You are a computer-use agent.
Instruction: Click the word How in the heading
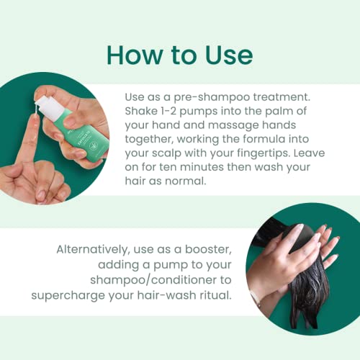click(135, 55)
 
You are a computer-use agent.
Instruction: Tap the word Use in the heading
click(229, 55)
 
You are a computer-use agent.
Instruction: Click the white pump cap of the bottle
click(53, 106)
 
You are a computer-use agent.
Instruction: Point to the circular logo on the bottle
click(93, 147)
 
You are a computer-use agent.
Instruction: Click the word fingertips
click(264, 153)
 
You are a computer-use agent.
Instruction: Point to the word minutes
click(202, 167)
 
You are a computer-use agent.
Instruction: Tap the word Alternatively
click(94, 250)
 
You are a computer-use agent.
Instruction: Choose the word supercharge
click(68, 296)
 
